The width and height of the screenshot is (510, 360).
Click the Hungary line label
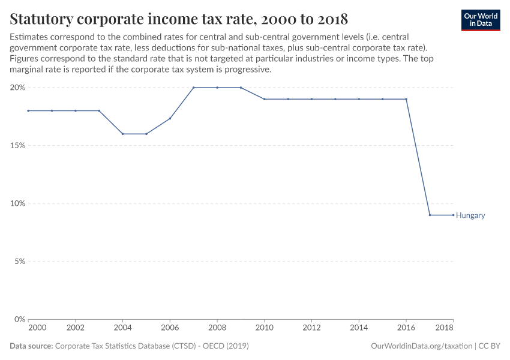(x=470, y=215)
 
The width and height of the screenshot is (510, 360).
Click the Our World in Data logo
(x=481, y=20)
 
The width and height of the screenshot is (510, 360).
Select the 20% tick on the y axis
(x=17, y=88)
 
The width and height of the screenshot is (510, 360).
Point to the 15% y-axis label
(x=17, y=145)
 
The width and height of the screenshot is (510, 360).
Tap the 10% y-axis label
(x=17, y=203)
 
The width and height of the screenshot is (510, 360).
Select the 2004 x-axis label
(x=122, y=328)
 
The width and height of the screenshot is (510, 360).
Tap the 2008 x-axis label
(x=217, y=328)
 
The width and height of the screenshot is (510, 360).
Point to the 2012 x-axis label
(x=311, y=328)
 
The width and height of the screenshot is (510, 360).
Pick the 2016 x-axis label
(x=406, y=328)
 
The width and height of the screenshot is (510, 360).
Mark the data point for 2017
(x=430, y=215)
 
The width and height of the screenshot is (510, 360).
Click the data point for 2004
(x=122, y=134)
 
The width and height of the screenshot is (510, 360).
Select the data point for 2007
(x=194, y=88)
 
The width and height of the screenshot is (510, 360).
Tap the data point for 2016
(x=406, y=99)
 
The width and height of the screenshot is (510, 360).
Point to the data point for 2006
(x=170, y=118)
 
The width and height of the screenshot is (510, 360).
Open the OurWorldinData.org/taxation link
(x=422, y=346)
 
